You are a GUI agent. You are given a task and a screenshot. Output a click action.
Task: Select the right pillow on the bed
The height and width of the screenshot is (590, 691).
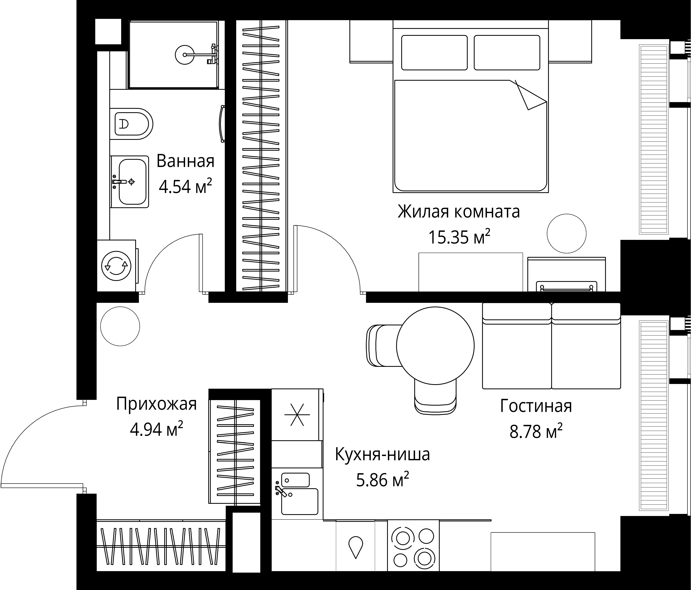tap(507, 53)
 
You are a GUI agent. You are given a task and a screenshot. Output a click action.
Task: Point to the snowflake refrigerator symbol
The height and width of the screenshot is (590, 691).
tap(297, 415)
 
